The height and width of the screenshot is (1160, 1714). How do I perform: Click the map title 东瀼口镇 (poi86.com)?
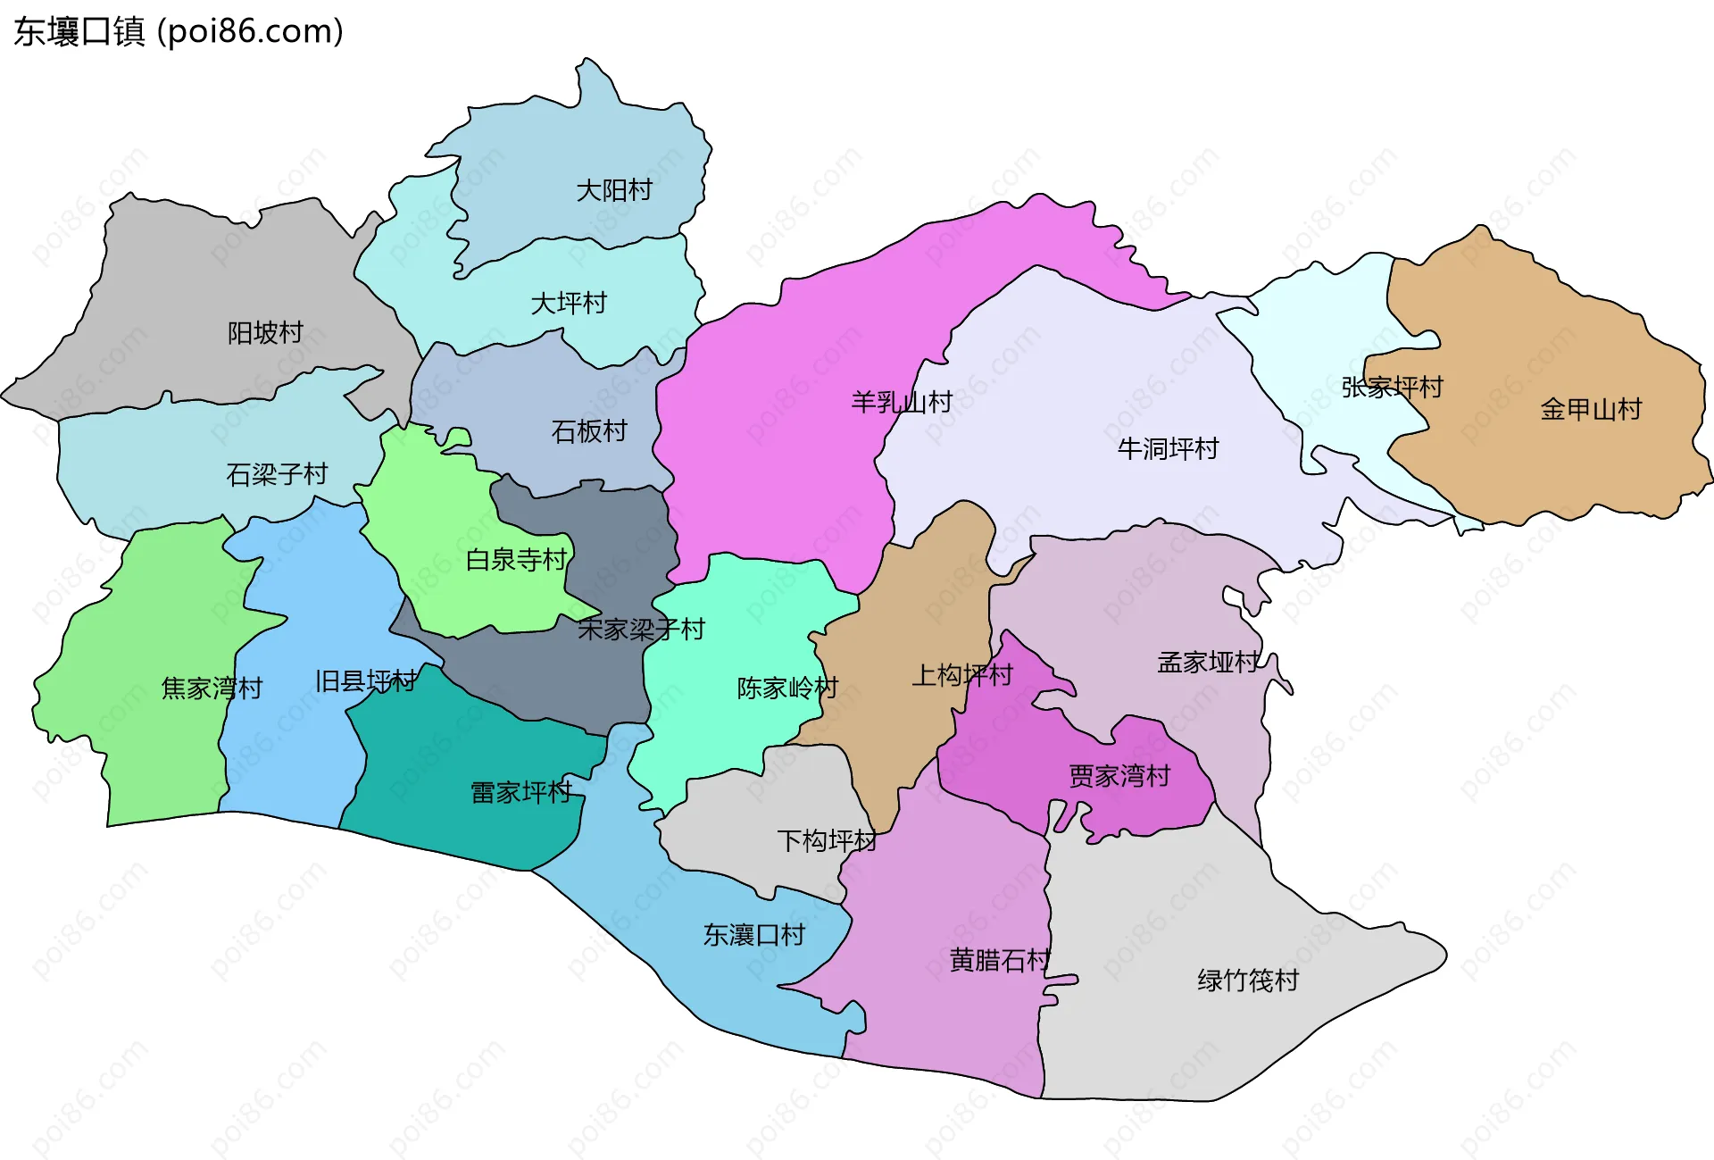pos(179,32)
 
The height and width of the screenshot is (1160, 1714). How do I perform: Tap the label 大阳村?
pos(614,190)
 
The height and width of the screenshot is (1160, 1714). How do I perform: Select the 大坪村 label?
pos(569,304)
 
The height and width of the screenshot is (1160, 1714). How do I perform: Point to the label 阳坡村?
pos(265,333)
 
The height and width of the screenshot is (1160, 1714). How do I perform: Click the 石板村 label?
pos(589,432)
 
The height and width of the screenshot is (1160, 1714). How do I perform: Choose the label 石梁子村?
pos(277,474)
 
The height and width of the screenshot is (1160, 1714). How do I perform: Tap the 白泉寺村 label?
pos(517,560)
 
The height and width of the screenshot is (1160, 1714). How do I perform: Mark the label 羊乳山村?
pos(902,403)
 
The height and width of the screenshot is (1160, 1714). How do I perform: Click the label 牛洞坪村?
pos(1168,449)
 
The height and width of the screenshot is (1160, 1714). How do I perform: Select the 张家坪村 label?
pos(1392,388)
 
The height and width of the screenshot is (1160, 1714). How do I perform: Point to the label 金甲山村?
pos(1591,410)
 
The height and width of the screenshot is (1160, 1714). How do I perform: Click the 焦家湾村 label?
pos(212,688)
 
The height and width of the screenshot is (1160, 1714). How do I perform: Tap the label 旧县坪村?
pos(365,682)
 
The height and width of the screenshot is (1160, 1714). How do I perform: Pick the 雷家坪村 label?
pos(521,792)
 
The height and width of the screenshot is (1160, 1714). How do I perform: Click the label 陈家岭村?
pos(787,688)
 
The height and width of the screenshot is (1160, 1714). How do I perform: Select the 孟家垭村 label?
pos(1209,663)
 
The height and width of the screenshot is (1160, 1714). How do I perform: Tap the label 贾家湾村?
pos(1119,776)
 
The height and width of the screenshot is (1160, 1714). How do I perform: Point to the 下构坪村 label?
pos(827,841)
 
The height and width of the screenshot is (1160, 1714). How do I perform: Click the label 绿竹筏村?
pos(1248,981)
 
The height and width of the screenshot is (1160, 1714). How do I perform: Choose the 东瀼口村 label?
pos(754,935)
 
